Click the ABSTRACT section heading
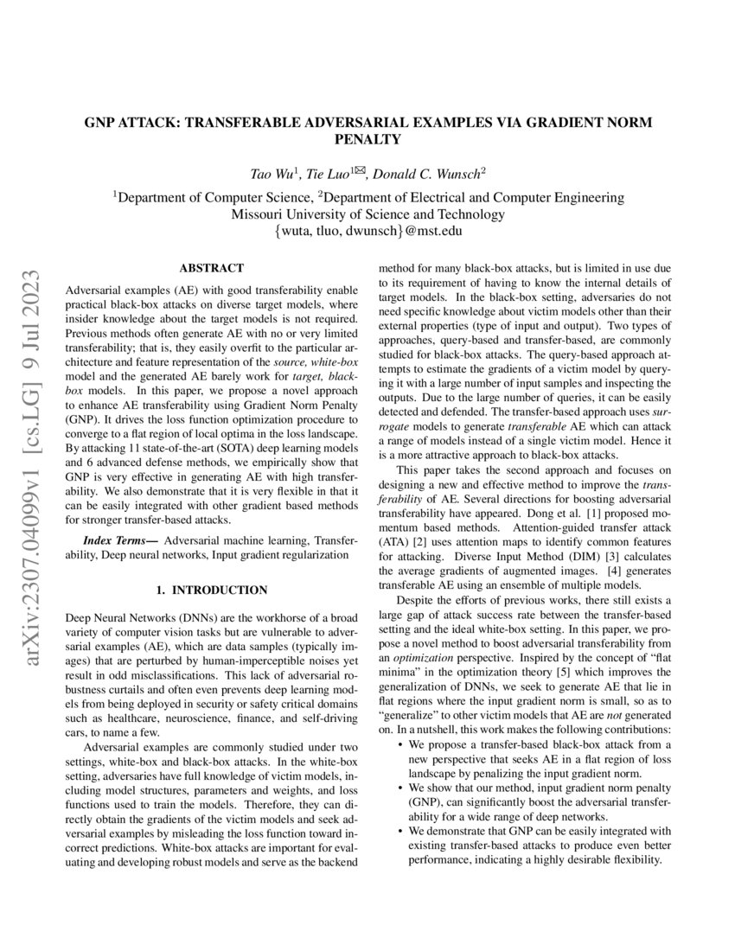click(211, 269)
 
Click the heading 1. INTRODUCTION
click(211, 590)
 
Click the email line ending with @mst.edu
click(367, 231)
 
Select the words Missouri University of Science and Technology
click(368, 214)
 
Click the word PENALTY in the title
click(367, 138)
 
